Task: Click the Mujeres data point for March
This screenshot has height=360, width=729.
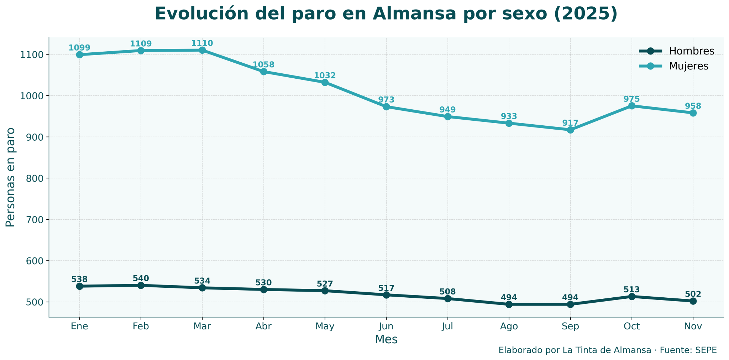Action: pos(202,50)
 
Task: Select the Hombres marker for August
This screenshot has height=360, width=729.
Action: pos(509,304)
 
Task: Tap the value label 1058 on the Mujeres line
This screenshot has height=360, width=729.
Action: pos(263,65)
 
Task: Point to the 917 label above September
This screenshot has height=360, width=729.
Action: pos(570,123)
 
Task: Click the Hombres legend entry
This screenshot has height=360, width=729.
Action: pos(676,51)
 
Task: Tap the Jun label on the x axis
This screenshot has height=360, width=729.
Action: pos(386,327)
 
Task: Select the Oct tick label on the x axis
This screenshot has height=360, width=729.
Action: pos(632,327)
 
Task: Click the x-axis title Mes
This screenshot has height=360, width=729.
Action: pos(386,339)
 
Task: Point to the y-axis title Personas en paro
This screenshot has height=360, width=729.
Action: pos(11,177)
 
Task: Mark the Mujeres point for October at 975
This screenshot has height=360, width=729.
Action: pos(632,106)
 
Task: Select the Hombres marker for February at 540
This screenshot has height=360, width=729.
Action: pos(141,285)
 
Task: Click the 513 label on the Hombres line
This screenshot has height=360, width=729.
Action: pos(632,289)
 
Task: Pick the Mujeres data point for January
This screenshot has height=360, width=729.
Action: pos(79,55)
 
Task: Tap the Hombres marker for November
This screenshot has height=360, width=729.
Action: pos(693,301)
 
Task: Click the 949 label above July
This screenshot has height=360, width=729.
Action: pos(447,110)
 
